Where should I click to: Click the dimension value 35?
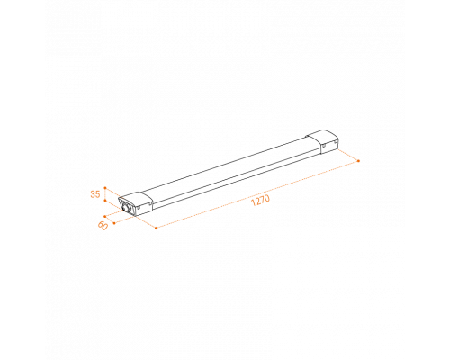tap(95, 194)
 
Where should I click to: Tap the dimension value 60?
tap(103, 226)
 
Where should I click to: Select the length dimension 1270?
tap(260, 200)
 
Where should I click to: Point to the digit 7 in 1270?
tap(262, 200)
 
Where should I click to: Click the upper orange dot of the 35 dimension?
tap(105, 188)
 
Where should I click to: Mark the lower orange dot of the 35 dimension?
tap(105, 200)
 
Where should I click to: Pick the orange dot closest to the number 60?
tap(114, 223)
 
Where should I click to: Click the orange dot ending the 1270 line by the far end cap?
tap(358, 161)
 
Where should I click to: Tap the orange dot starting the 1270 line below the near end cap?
tap(156, 228)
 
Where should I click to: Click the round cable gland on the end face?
tap(127, 208)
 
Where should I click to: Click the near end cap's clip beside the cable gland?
tap(139, 207)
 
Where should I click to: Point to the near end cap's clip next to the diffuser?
tap(149, 203)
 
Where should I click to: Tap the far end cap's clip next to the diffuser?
tap(324, 146)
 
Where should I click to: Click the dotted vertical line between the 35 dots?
tap(105, 194)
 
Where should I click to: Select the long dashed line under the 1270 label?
tap(257, 194)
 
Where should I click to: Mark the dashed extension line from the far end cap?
tap(348, 155)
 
